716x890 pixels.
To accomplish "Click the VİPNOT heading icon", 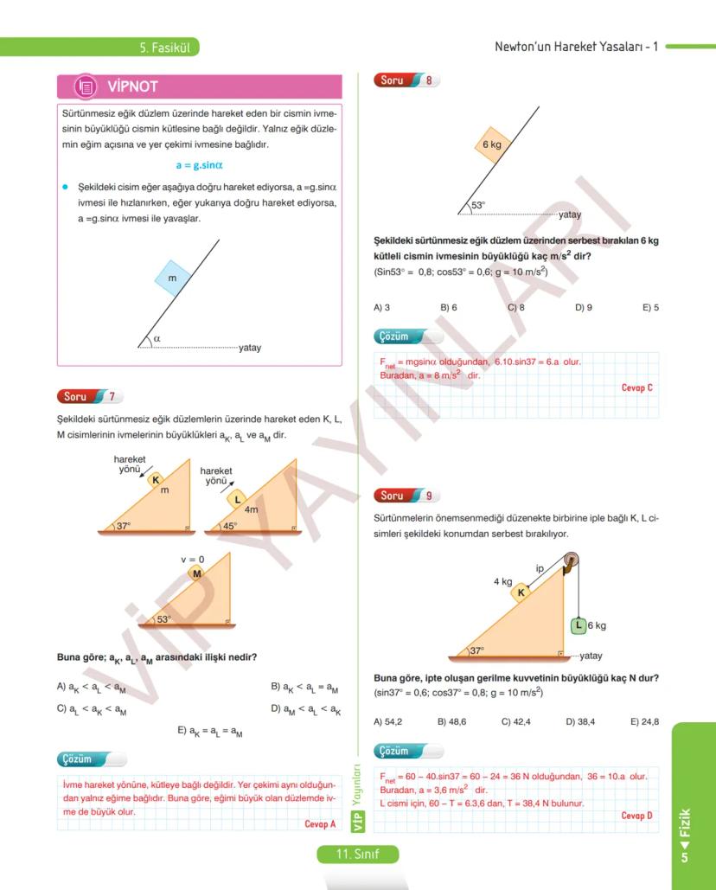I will point(86,86).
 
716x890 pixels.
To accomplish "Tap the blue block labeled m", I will point(172,278).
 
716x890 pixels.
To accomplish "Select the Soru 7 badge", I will point(90,397).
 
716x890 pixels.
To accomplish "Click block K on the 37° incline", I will point(156,480).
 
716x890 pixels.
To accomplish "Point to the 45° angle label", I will point(230,526).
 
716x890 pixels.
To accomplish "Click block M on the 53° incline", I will point(197,573).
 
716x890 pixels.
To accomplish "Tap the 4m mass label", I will point(251,509).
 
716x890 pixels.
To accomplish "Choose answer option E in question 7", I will point(210,731).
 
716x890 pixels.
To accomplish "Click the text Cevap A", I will point(320,823).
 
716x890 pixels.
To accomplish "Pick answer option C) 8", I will point(515,307).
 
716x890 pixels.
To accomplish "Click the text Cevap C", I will point(636,387).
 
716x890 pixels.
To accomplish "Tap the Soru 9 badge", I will point(406,496).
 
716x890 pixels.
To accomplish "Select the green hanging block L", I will point(578,625).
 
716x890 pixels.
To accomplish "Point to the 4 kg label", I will point(502,582).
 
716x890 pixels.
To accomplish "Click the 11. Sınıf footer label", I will point(358,855).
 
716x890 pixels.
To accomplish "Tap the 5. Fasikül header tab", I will point(165,47).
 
